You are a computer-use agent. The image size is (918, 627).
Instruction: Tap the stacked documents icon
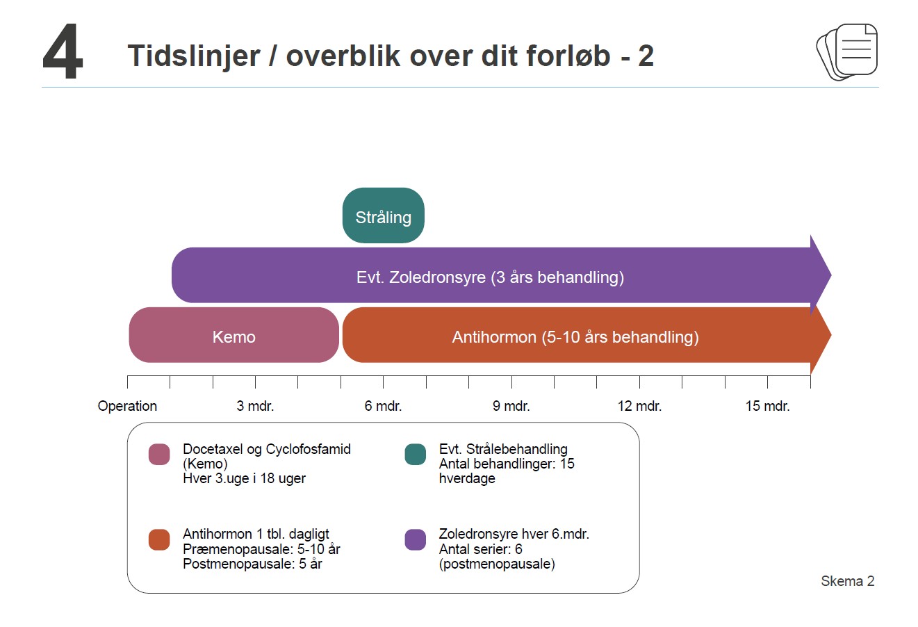846,51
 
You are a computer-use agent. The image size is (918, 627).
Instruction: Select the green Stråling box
383,215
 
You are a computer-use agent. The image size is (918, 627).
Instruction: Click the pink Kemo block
234,335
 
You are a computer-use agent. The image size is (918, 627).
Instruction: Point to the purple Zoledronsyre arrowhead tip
830,275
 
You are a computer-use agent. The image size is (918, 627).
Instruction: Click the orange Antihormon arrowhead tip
830,335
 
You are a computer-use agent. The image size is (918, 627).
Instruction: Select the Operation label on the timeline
127,406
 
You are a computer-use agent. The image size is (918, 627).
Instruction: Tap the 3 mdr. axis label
255,406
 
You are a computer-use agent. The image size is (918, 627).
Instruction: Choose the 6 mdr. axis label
383,406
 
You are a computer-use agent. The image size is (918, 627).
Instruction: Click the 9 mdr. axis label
511,406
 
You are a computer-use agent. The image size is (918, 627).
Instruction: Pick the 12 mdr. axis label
639,406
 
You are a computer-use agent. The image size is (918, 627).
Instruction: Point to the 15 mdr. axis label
767,406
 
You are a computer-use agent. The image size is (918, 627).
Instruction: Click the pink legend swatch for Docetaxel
159,454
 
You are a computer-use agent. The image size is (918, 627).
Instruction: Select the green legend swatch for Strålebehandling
415,454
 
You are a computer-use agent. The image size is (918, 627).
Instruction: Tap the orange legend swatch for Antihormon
159,539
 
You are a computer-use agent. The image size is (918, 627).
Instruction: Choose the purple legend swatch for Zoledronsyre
415,539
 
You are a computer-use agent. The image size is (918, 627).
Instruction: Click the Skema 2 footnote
848,580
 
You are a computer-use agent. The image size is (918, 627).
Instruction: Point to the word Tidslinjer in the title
194,56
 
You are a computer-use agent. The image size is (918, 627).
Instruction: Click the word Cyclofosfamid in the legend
308,449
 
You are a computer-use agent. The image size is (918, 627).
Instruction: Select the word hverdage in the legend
467,478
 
